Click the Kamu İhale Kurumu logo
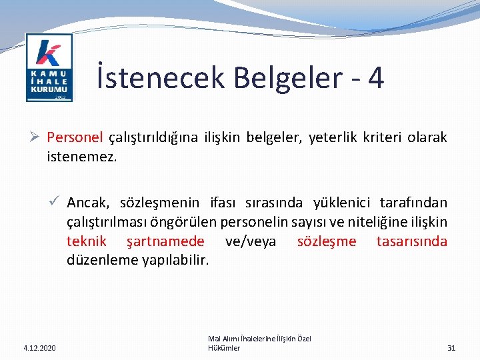coord(49,67)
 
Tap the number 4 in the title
coord(375,78)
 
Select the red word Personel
coord(75,138)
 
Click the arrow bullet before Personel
coord(37,138)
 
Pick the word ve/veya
coord(251,241)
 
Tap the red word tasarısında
coord(411,241)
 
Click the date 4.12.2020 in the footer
coord(39,348)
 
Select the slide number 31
coord(451,348)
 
